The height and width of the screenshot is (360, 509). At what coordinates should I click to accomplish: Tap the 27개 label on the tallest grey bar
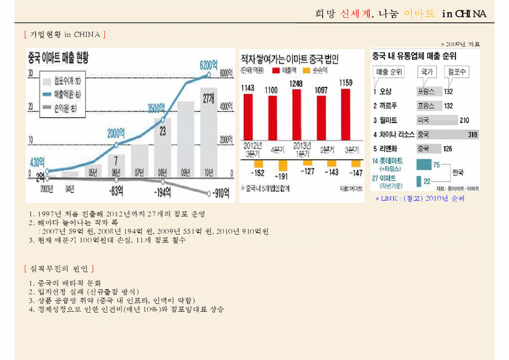tap(208, 98)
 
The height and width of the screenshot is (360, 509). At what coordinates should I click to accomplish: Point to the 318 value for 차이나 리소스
tap(473, 134)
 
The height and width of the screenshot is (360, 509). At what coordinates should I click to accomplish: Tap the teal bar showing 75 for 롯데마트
tap(424, 164)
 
